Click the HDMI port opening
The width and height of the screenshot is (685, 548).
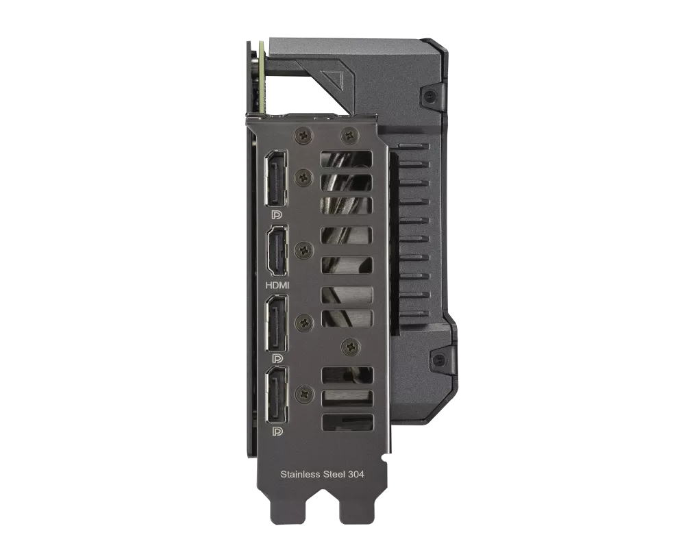(x=277, y=251)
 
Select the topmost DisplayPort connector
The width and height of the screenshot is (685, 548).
(x=277, y=177)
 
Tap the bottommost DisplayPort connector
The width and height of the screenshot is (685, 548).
(x=277, y=395)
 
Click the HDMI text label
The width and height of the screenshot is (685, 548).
(x=277, y=284)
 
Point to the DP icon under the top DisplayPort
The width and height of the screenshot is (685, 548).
(x=277, y=214)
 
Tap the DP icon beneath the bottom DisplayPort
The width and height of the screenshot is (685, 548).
(x=277, y=431)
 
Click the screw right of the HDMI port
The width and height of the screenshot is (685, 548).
(x=303, y=249)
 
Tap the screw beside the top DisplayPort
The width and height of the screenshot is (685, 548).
(x=303, y=177)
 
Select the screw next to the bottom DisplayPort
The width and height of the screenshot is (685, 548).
(x=303, y=394)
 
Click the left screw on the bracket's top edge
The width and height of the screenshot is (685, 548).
(x=303, y=136)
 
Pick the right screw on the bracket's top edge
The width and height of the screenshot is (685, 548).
(x=350, y=136)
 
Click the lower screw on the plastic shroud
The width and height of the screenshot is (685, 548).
(x=438, y=359)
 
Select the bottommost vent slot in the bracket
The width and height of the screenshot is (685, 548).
(x=347, y=423)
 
